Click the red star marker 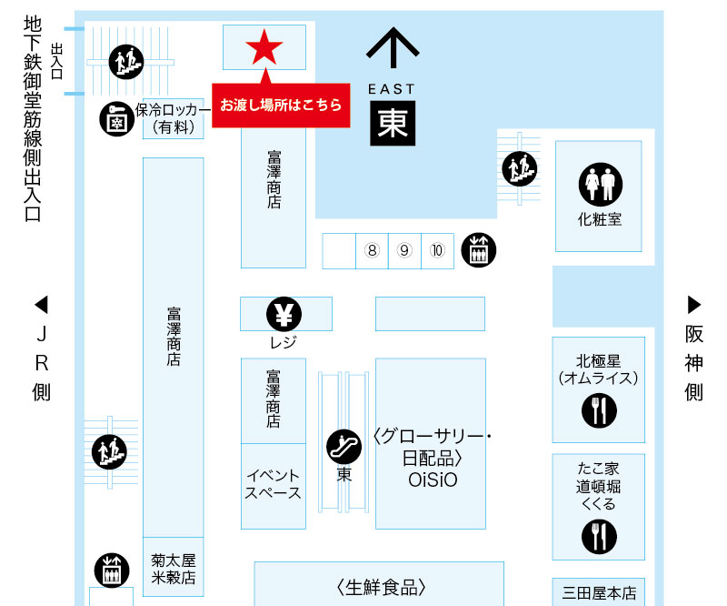pyautogui.click(x=264, y=47)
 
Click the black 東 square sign pyautogui.click(x=393, y=124)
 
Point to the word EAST pyautogui.click(x=392, y=88)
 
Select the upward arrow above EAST pyautogui.click(x=393, y=47)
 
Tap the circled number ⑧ pyautogui.click(x=371, y=250)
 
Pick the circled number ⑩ pyautogui.click(x=437, y=250)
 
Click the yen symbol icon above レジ pyautogui.click(x=284, y=315)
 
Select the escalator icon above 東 pyautogui.click(x=344, y=446)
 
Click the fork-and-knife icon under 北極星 pyautogui.click(x=599, y=411)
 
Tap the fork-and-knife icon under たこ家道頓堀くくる pyautogui.click(x=598, y=537)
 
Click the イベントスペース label pyautogui.click(x=273, y=484)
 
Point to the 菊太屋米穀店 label pyautogui.click(x=174, y=570)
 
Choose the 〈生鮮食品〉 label pyautogui.click(x=380, y=587)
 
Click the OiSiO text pyautogui.click(x=431, y=478)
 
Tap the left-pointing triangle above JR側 pyautogui.click(x=40, y=303)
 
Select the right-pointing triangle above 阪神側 pyautogui.click(x=695, y=303)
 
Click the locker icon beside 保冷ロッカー pyautogui.click(x=116, y=119)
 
